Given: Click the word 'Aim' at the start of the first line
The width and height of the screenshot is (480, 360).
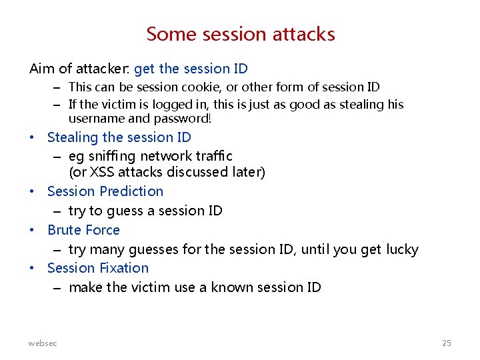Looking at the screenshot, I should click(x=39, y=69).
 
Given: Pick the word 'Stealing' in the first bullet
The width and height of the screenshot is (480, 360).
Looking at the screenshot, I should click(x=72, y=137).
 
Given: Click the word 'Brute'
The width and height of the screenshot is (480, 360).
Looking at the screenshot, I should click(x=65, y=230).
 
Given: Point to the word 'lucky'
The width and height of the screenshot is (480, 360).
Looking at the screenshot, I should click(x=400, y=249).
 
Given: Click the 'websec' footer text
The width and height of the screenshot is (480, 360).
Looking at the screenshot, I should click(x=43, y=343).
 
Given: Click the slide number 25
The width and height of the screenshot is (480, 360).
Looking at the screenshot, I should click(x=447, y=343).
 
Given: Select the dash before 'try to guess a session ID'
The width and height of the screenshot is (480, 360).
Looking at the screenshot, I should click(x=57, y=211).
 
